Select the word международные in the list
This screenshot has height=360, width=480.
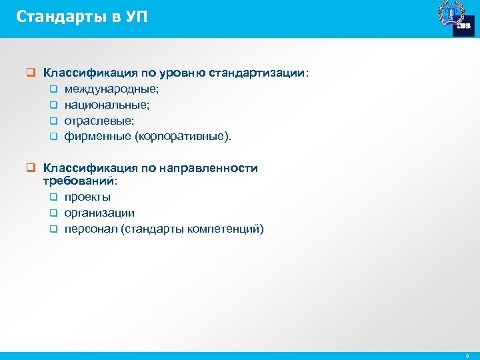pyautogui.click(x=107, y=89)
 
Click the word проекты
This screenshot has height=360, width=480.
pyautogui.click(x=87, y=197)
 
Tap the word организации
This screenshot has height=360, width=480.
pyautogui.click(x=99, y=213)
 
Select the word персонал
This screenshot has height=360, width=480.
pyautogui.click(x=90, y=229)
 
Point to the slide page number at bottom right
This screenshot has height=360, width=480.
pyautogui.click(x=467, y=356)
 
